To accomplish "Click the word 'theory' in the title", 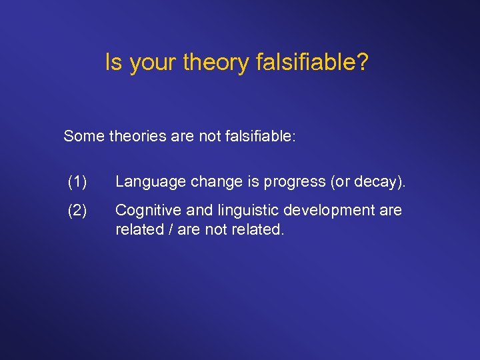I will pos(216,63).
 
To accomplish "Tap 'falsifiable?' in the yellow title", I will pos(312,63).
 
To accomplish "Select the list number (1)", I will pos(77,181).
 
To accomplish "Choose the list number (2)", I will pos(77,211).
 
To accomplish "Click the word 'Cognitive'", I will pos(148,211).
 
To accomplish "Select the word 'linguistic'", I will pos(243,211).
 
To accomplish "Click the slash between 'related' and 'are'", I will pos(169,230).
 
